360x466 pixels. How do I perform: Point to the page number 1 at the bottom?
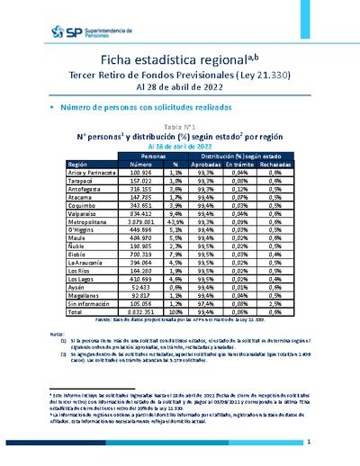pyautogui.click(x=309, y=443)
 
